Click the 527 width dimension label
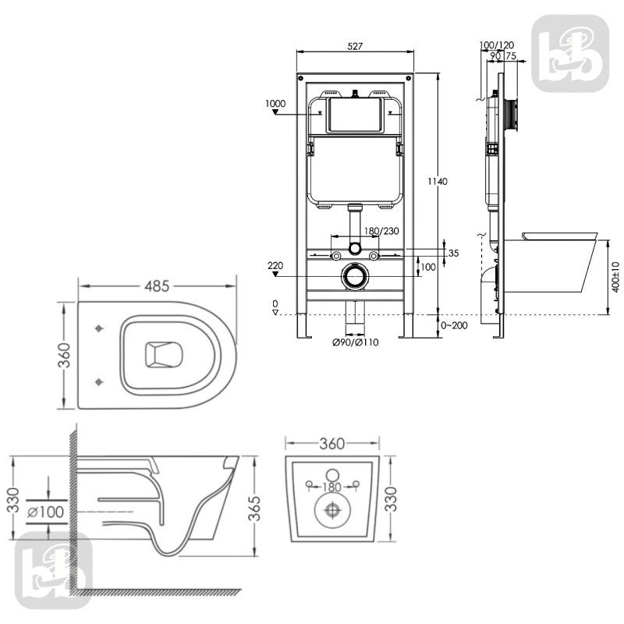(x=355, y=46)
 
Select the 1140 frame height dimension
(x=438, y=182)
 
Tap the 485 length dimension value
(x=157, y=286)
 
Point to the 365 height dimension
(x=254, y=509)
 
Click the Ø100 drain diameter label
(x=46, y=512)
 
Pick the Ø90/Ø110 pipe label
(x=356, y=342)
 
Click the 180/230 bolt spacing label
(x=381, y=231)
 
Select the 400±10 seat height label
(x=615, y=277)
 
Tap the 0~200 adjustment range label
(x=454, y=325)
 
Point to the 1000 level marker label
(x=275, y=104)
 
